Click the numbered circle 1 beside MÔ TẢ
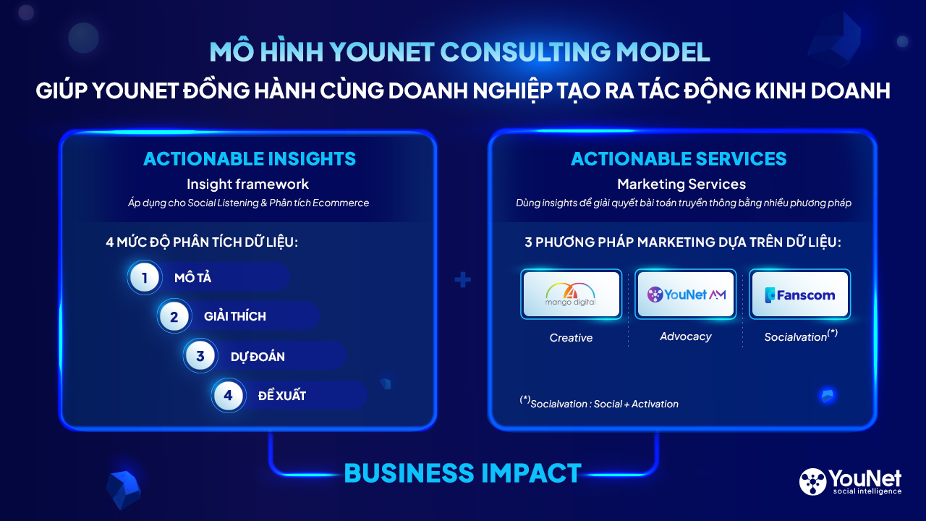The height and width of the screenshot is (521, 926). click(144, 277)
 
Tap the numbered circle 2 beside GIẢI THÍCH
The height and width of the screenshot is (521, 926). click(174, 316)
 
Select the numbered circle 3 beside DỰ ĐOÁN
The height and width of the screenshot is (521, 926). click(200, 355)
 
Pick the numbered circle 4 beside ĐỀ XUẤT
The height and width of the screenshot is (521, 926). click(229, 395)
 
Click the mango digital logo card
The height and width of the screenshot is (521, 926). click(571, 294)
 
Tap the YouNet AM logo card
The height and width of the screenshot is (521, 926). click(685, 294)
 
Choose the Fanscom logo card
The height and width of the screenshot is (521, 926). click(800, 294)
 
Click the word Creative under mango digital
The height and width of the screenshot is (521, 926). click(571, 338)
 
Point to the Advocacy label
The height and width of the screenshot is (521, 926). click(685, 336)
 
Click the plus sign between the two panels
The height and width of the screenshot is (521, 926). click(462, 279)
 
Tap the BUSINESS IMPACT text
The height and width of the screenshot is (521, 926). click(462, 473)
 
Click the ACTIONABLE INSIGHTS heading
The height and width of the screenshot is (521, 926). click(250, 158)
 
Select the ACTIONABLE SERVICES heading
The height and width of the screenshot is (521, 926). click(679, 158)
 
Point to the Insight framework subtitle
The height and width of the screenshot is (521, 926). click(247, 184)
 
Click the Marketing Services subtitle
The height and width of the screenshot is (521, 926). click(681, 184)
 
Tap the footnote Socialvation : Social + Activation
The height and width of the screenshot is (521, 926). click(599, 402)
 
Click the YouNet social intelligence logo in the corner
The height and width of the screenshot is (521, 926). click(850, 482)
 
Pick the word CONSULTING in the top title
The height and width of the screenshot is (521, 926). click(525, 52)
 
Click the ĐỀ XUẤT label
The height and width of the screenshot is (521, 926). click(282, 396)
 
